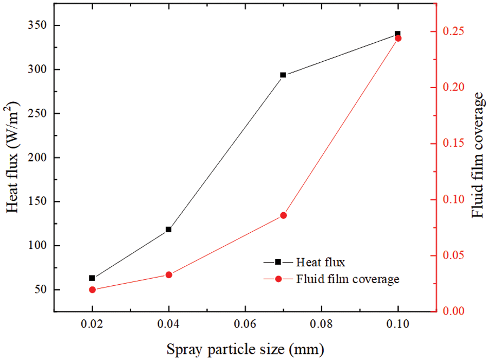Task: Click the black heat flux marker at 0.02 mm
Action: pyautogui.click(x=92, y=278)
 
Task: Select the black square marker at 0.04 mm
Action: pyautogui.click(x=168, y=229)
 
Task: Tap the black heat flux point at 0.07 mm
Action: pyautogui.click(x=283, y=75)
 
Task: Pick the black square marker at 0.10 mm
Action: pyautogui.click(x=397, y=34)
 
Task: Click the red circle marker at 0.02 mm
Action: pyautogui.click(x=92, y=289)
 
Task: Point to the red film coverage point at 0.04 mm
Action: pyautogui.click(x=168, y=275)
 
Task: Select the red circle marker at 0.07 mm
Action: pyautogui.click(x=283, y=215)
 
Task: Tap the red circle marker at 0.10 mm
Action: pyautogui.click(x=398, y=38)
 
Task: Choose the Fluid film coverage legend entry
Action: pyautogui.click(x=347, y=279)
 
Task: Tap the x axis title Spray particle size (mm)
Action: pyautogui.click(x=245, y=350)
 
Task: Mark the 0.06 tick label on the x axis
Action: pyautogui.click(x=245, y=325)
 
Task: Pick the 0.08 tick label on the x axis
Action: pyautogui.click(x=321, y=325)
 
